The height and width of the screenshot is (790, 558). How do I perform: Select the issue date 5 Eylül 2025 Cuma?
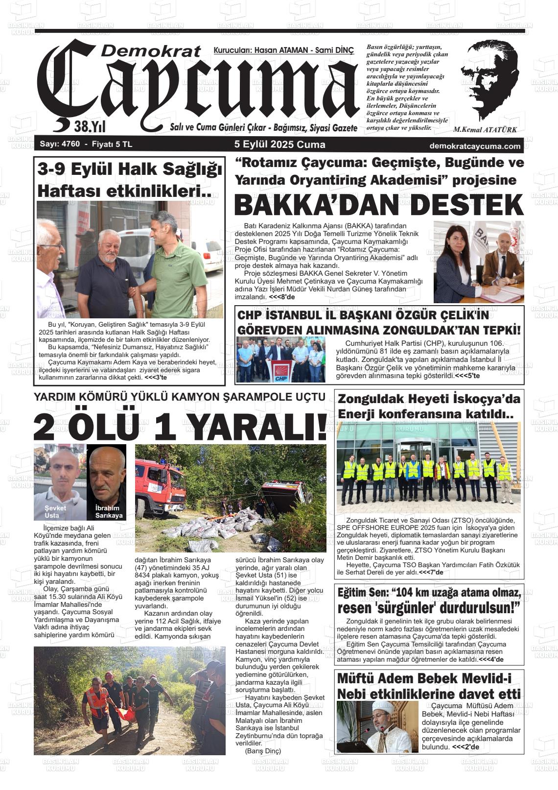(x=279, y=144)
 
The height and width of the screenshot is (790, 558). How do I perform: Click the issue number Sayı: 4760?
(x=56, y=145)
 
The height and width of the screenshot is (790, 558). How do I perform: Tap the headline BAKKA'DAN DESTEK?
(x=378, y=205)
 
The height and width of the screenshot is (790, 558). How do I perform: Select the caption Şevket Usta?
(x=55, y=511)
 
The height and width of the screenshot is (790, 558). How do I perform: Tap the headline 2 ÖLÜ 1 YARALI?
(x=180, y=426)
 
